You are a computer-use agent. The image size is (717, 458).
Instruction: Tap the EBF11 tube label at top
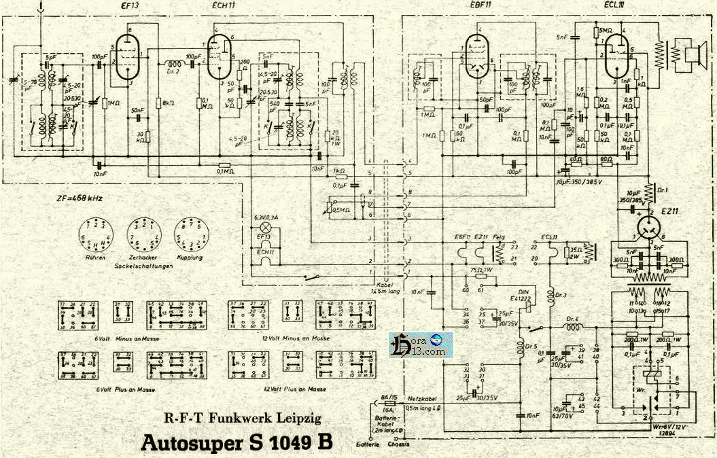click(x=480, y=5)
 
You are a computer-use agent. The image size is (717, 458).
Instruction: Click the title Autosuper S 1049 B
click(x=237, y=442)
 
